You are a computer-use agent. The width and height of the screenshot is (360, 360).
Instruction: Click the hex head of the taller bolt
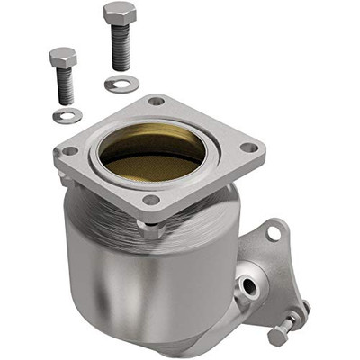120,13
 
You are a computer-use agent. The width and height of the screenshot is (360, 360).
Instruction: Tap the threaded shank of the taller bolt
121,48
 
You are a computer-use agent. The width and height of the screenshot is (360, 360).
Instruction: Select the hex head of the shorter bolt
63,58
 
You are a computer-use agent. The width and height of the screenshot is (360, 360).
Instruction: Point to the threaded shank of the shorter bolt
65,86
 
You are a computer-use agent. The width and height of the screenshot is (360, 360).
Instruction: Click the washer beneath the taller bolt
121,84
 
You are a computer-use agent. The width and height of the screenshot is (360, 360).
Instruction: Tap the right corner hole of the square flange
250,148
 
